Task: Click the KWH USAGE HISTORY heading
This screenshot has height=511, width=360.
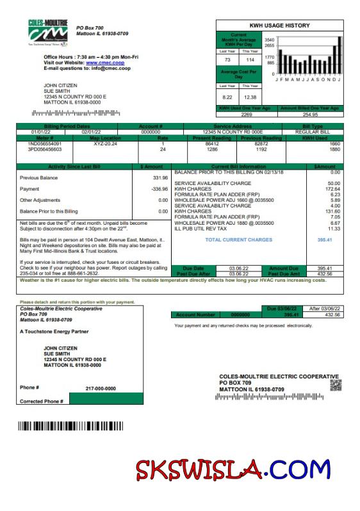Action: [279, 26]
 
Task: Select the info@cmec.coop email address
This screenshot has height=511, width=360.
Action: [106, 68]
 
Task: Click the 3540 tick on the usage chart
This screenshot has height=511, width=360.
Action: [270, 39]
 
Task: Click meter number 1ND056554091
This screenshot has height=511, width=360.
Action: [45, 143]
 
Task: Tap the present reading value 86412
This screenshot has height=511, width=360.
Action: [212, 143]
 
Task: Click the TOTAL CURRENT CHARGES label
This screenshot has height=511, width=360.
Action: [238, 239]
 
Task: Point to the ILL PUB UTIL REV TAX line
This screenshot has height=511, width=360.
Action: [201, 229]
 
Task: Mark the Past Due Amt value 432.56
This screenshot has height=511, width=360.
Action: [325, 273]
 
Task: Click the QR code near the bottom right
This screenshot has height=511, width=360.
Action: [336, 385]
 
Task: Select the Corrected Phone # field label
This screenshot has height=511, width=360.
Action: [41, 401]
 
